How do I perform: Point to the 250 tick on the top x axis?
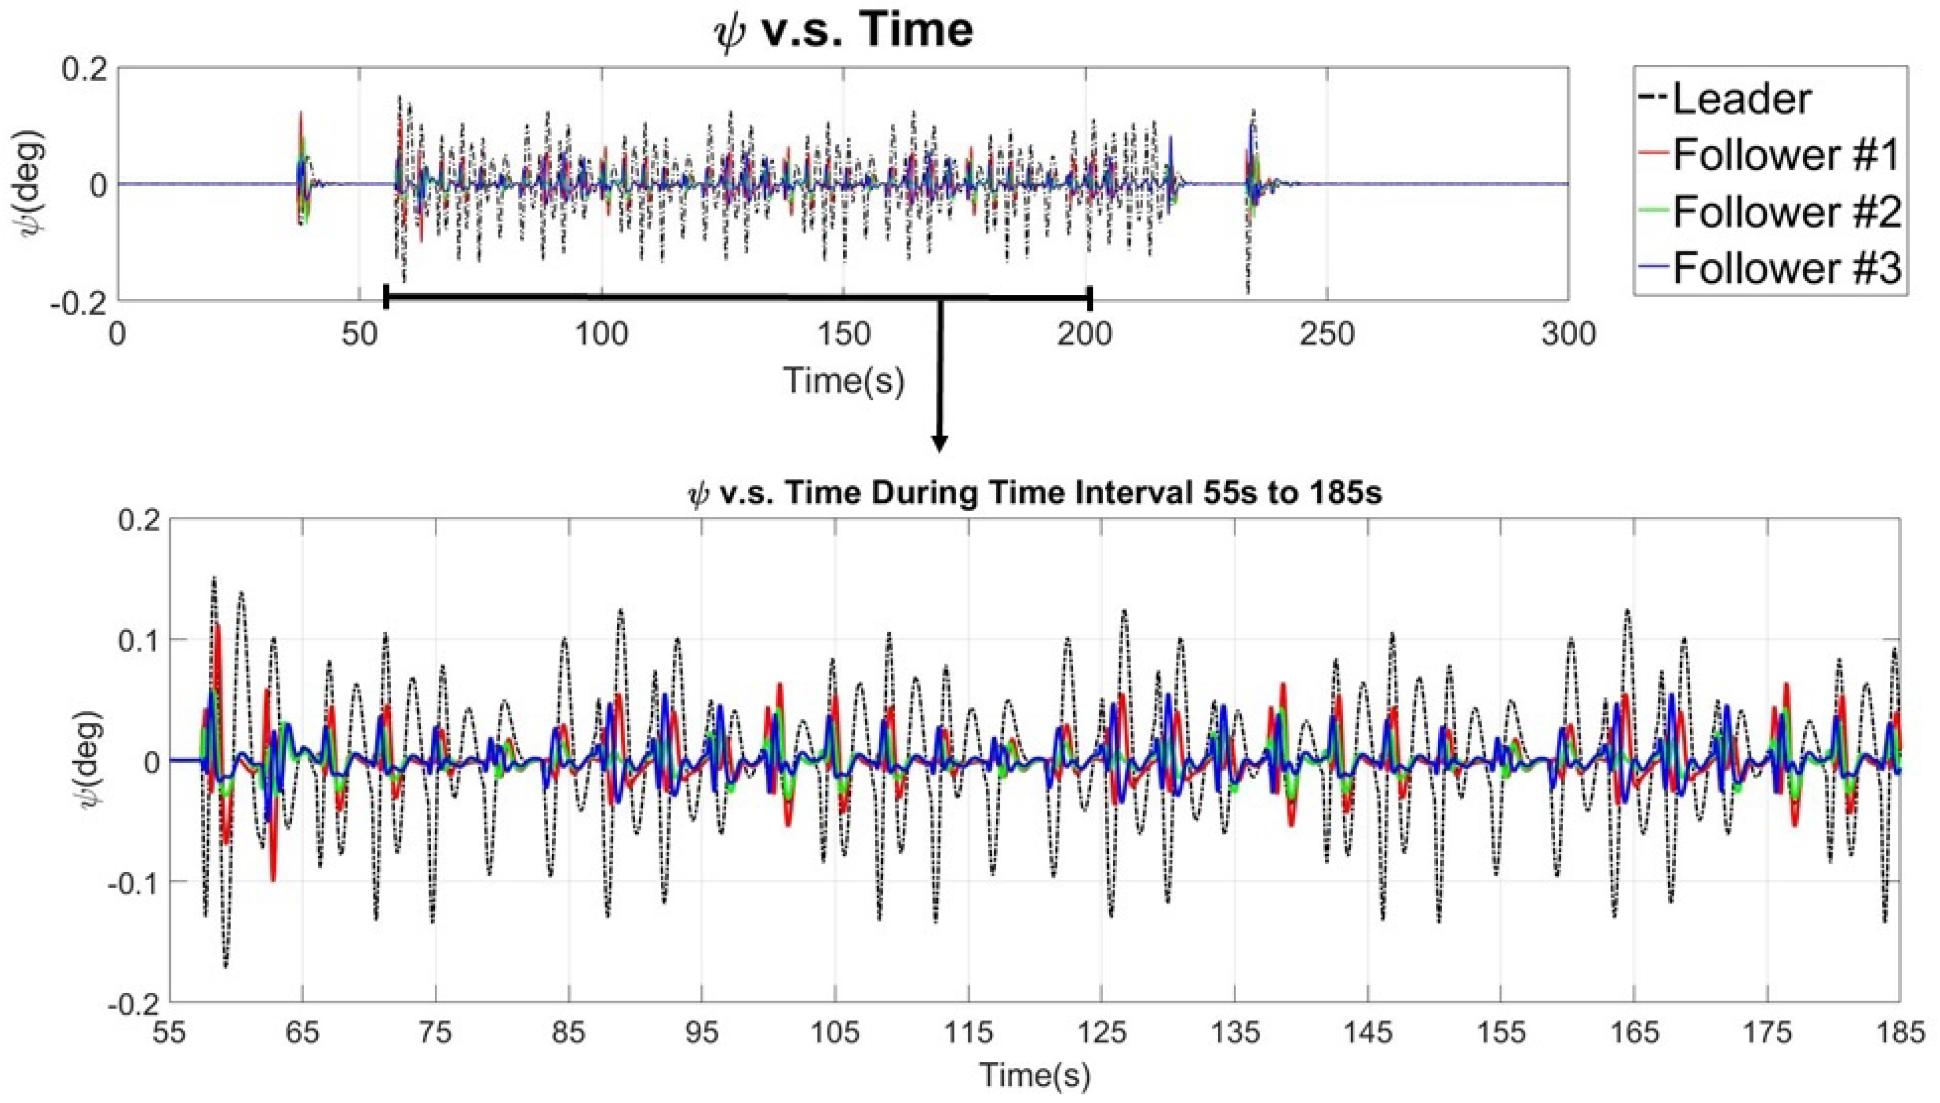click(x=1326, y=334)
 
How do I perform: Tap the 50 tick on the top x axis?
click(x=359, y=334)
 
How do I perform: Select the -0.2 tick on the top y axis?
click(x=80, y=302)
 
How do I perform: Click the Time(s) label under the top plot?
click(x=843, y=380)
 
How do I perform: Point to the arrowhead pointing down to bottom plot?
click(x=940, y=444)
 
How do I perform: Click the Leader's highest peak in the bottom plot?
click(x=213, y=579)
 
